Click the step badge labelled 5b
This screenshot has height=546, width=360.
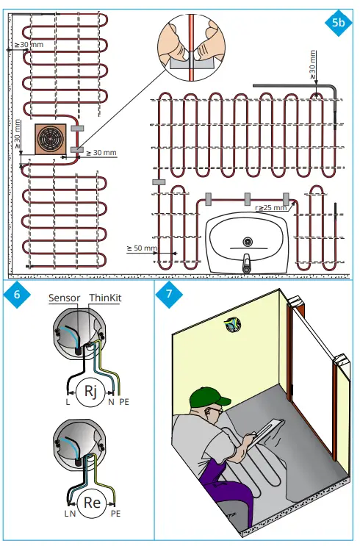[x=337, y=23]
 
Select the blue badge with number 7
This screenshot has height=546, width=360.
[x=170, y=295]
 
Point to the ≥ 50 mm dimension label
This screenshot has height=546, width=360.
[x=142, y=248]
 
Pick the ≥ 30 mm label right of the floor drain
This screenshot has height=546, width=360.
[x=101, y=153]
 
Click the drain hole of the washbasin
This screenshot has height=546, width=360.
[x=248, y=240]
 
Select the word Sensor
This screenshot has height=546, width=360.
[x=64, y=298]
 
